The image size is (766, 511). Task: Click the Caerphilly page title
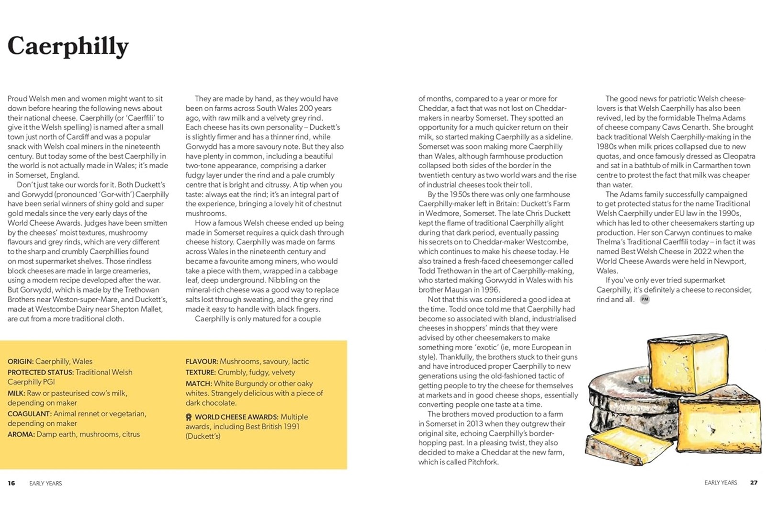click(x=68, y=46)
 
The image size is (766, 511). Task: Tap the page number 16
click(x=11, y=483)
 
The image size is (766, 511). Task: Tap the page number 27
click(x=754, y=482)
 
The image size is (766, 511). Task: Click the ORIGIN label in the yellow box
click(x=20, y=362)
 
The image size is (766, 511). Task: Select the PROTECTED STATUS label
click(x=40, y=372)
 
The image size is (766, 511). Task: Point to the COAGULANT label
click(x=29, y=413)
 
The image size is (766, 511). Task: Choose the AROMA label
click(x=21, y=434)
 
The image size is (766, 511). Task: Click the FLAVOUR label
click(x=202, y=362)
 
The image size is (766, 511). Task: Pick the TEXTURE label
click(x=201, y=372)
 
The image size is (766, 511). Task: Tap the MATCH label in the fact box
click(x=198, y=384)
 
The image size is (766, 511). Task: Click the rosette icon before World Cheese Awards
click(x=189, y=417)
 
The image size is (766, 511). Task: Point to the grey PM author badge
click(x=645, y=299)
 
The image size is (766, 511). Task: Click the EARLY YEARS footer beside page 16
click(x=45, y=483)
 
